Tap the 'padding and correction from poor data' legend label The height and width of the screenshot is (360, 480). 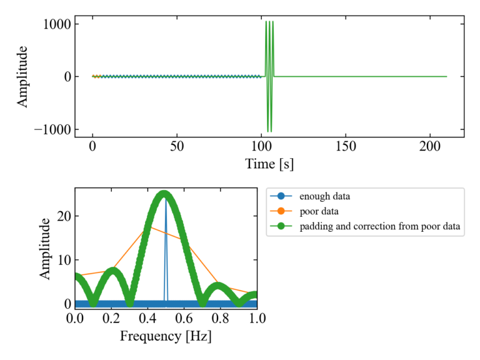click(x=380, y=226)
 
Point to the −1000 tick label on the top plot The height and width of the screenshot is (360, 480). click(x=52, y=129)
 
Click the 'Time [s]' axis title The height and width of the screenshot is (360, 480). click(x=269, y=164)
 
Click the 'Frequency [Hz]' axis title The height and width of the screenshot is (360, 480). click(x=166, y=337)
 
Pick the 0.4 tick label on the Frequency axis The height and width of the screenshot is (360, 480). click(x=147, y=319)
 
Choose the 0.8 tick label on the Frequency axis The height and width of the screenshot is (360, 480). click(x=221, y=319)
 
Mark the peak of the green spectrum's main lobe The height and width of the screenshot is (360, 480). click(x=164, y=193)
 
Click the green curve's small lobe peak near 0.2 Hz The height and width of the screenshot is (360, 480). click(x=112, y=269)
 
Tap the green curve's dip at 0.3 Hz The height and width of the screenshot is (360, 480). click(x=129, y=304)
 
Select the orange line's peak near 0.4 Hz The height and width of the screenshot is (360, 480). click(x=147, y=227)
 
